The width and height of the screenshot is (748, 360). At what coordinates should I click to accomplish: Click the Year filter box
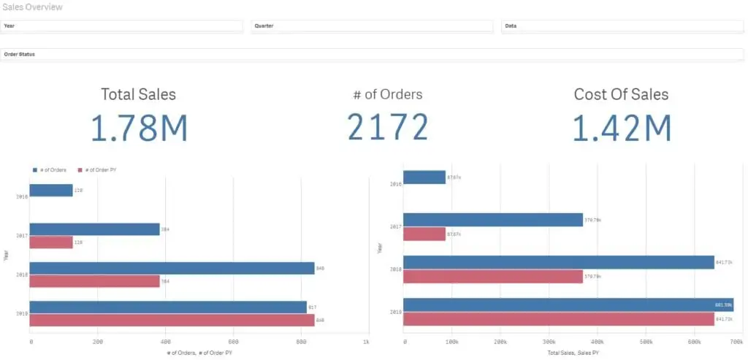pyautogui.click(x=122, y=26)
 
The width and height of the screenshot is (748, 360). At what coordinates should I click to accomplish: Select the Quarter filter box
pyautogui.click(x=373, y=26)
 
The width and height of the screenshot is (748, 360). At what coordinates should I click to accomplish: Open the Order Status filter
pyautogui.click(x=373, y=54)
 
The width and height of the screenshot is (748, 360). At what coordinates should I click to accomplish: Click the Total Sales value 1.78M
pyautogui.click(x=139, y=128)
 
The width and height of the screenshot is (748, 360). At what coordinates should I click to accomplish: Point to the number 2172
pyautogui.click(x=387, y=128)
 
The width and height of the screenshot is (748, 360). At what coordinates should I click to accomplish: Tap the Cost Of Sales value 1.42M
pyautogui.click(x=621, y=128)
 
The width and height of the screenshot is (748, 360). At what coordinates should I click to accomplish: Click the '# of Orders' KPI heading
pyautogui.click(x=387, y=94)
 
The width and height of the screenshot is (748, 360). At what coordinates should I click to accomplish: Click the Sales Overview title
pyautogui.click(x=32, y=7)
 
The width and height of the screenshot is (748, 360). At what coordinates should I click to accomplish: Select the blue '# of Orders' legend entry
pyautogui.click(x=50, y=169)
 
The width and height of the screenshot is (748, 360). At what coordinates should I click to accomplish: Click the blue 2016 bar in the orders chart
pyautogui.click(x=51, y=191)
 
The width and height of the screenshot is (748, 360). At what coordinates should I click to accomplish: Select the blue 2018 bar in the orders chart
pyautogui.click(x=172, y=268)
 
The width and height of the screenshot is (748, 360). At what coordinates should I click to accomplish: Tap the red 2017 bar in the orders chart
pyautogui.click(x=51, y=242)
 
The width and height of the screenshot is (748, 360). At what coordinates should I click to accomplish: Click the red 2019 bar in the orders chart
pyautogui.click(x=172, y=320)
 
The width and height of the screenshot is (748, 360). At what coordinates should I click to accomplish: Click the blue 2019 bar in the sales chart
pyautogui.click(x=568, y=305)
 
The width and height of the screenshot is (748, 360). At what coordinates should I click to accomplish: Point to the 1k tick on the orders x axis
pyautogui.click(x=365, y=341)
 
